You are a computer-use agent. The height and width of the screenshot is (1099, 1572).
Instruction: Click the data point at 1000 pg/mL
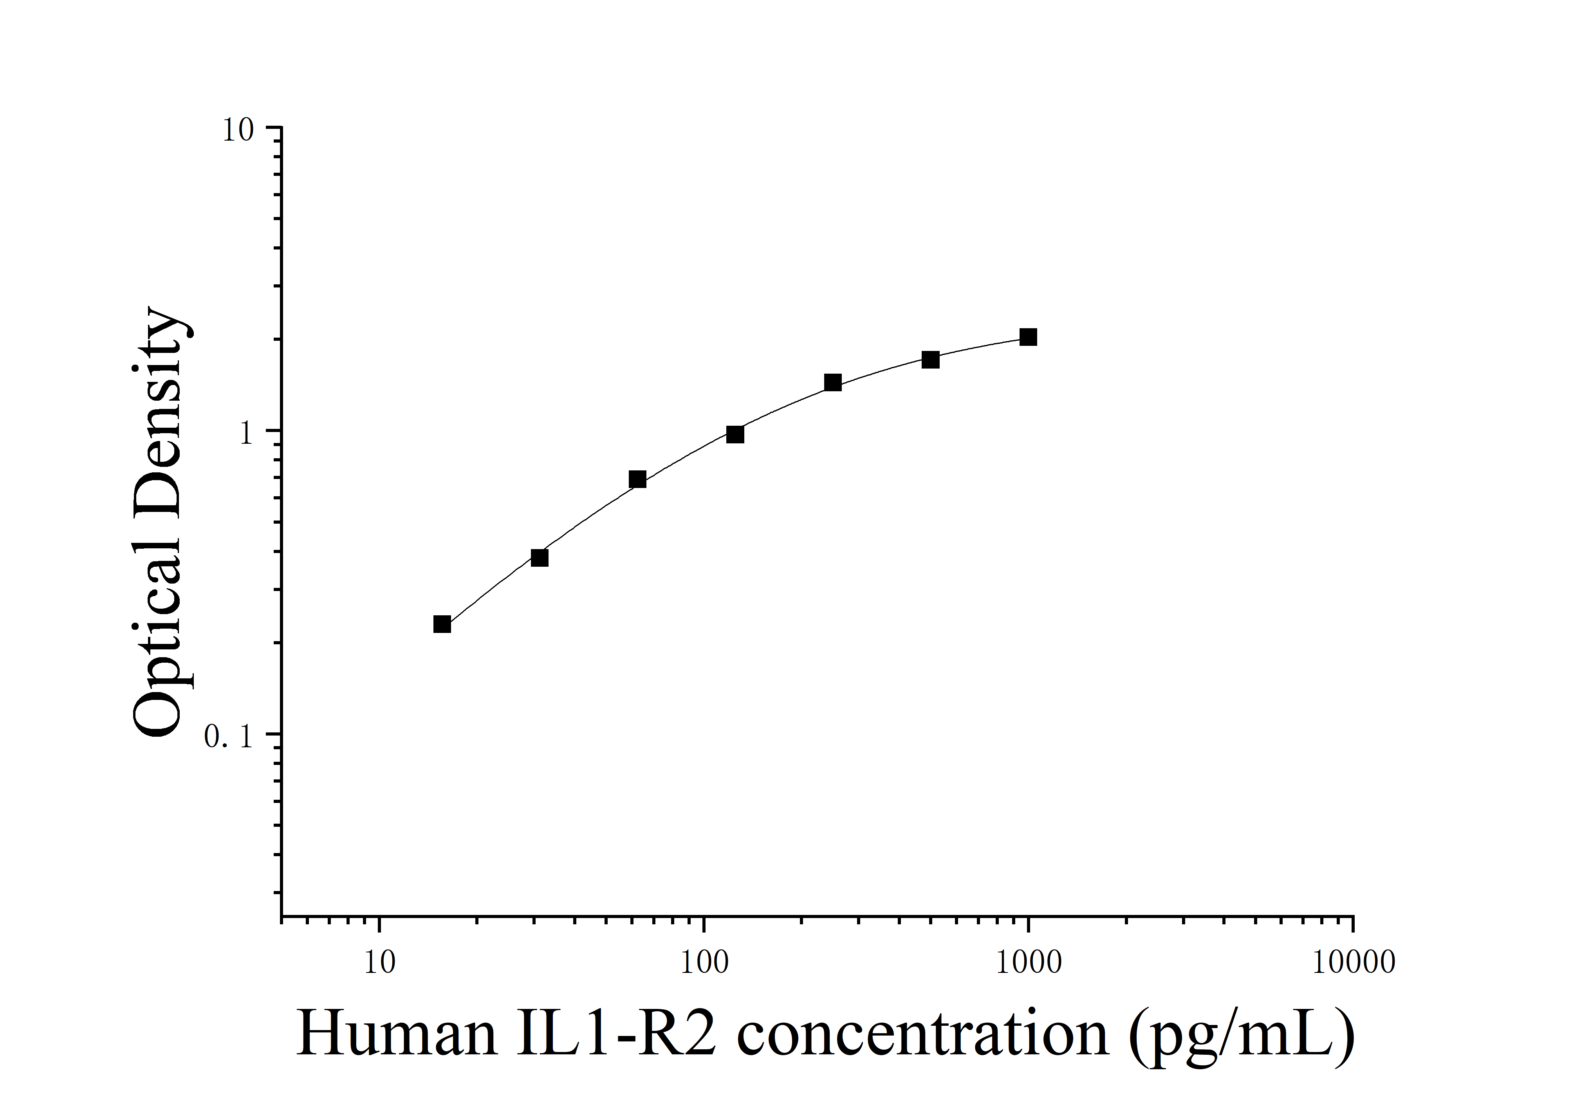(x=1028, y=337)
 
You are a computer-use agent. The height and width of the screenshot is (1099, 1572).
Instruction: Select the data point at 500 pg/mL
(x=930, y=360)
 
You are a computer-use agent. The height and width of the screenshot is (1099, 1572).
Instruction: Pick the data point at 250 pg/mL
(x=832, y=382)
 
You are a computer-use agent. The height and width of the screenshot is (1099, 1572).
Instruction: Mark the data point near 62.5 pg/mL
(x=637, y=479)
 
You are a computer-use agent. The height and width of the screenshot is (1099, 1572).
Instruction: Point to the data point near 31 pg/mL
(x=540, y=557)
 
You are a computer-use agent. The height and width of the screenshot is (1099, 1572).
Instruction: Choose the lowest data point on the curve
(x=442, y=624)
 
